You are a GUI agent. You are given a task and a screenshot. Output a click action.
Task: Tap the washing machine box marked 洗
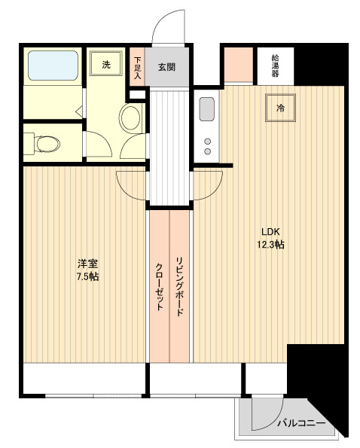click(106, 64)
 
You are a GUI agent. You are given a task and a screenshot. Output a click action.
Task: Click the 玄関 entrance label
click(166, 66)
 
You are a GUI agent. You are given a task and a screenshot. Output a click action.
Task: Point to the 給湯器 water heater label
click(276, 66)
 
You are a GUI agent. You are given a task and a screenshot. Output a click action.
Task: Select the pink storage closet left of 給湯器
click(239, 65)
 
